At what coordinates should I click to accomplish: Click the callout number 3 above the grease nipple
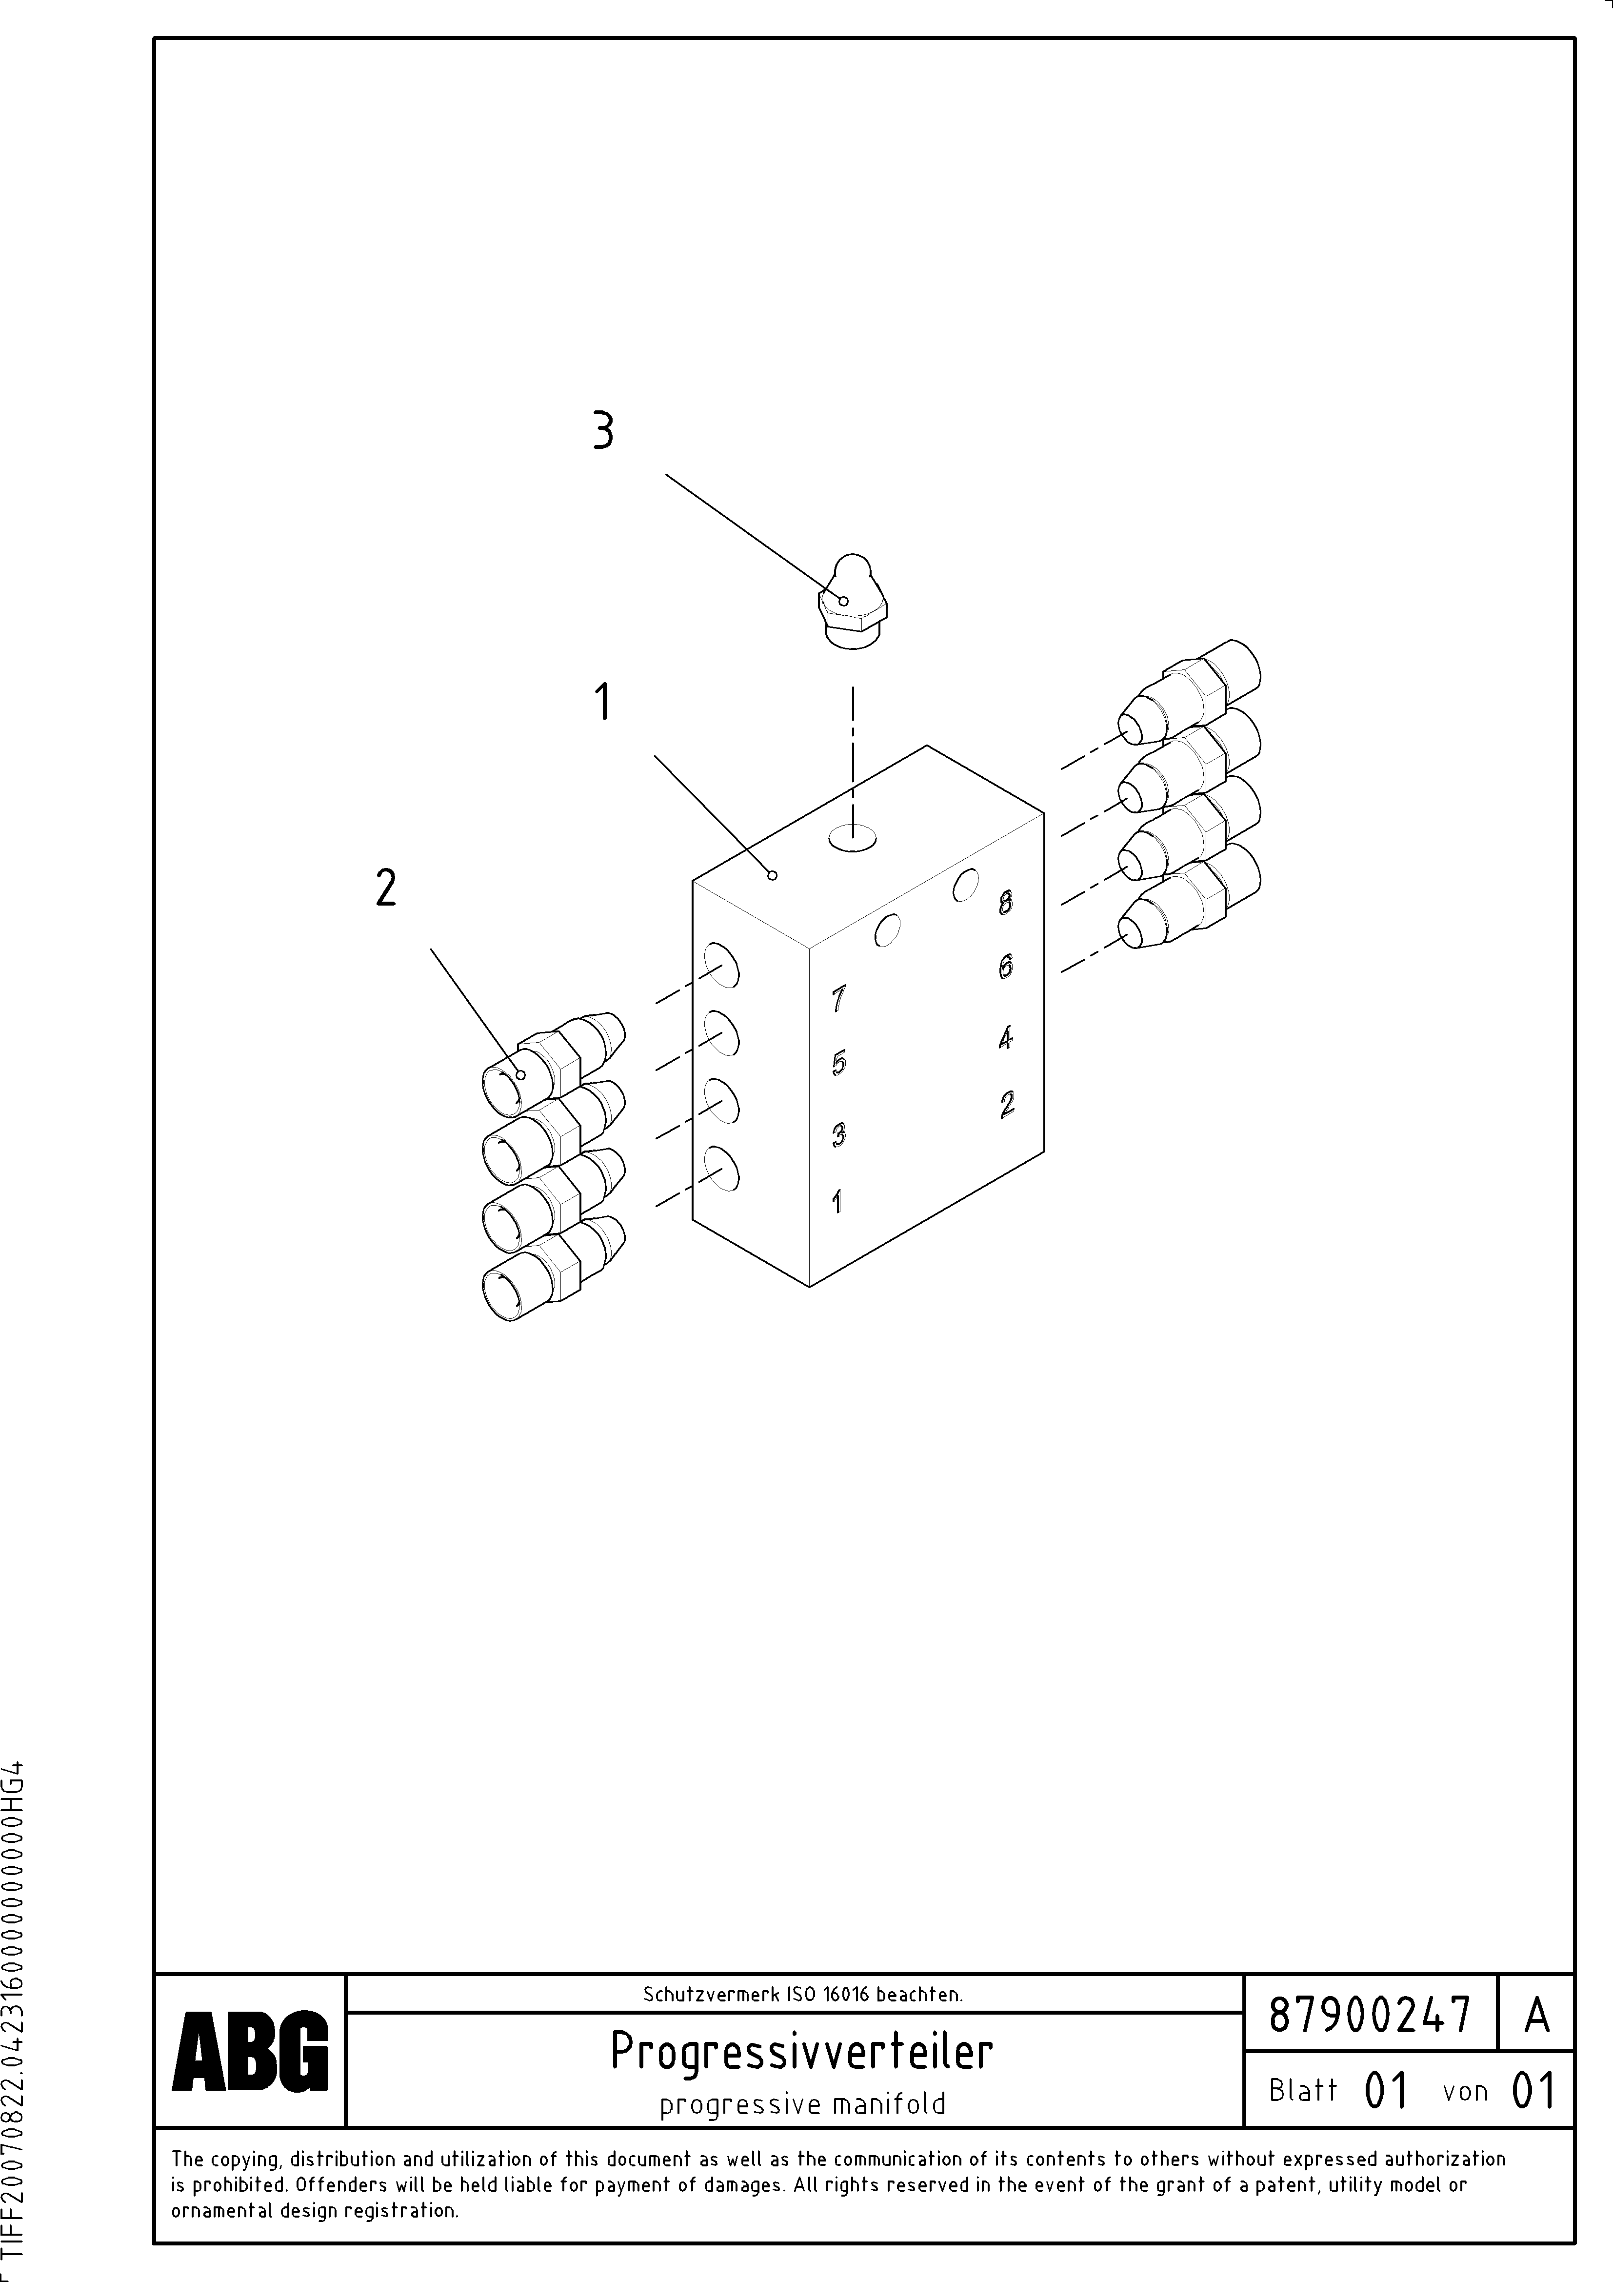coord(602,431)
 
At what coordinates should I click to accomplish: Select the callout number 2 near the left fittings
coord(386,888)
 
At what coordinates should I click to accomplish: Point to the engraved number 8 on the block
coord(1006,903)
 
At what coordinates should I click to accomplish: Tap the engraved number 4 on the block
coord(1006,1038)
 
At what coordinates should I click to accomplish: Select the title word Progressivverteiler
coord(801,2050)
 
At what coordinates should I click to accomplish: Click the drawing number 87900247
coord(1370,2015)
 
